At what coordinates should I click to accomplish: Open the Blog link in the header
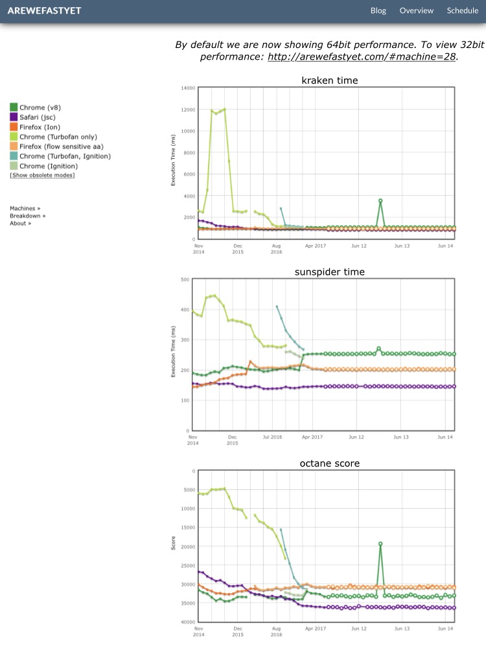pos(378,10)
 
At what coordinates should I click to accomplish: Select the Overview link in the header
pos(416,10)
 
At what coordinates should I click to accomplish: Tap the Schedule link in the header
pos(462,10)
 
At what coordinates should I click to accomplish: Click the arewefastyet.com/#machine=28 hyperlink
pos(362,56)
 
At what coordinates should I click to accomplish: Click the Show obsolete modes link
pos(42,176)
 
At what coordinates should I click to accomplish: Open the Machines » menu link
pos(25,209)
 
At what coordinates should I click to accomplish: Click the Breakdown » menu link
pos(28,216)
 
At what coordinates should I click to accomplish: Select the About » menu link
pos(21,224)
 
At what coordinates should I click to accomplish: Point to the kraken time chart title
pos(330,80)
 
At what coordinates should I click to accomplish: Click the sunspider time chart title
pos(330,272)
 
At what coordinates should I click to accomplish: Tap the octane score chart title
pos(330,463)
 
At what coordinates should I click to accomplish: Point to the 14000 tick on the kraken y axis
pos(188,87)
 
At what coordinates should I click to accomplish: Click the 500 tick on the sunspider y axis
pos(185,279)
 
